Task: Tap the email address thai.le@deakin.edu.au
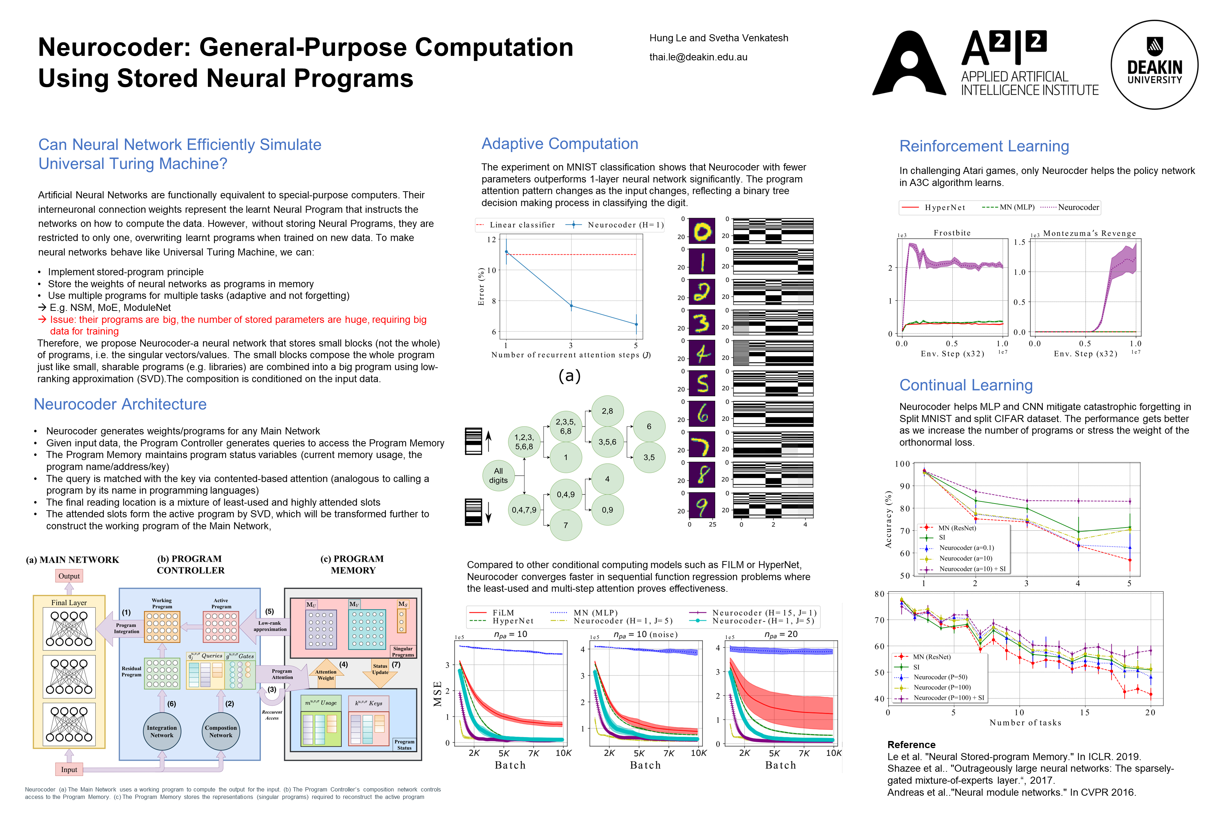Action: tap(698, 57)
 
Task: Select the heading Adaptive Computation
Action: tap(560, 144)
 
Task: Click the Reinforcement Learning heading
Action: tap(984, 146)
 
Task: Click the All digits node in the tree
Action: tap(498, 475)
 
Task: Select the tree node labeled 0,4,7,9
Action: tap(524, 510)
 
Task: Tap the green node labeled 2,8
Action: tap(607, 411)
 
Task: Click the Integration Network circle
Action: tap(162, 731)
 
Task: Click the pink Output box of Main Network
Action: tap(69, 576)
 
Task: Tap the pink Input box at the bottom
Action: tap(69, 770)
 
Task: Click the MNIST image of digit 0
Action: tap(702, 231)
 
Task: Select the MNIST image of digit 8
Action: tap(702, 474)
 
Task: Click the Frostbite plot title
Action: tap(952, 233)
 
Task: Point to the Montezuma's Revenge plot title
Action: tap(1089, 233)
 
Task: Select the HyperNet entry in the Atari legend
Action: tap(944, 207)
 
